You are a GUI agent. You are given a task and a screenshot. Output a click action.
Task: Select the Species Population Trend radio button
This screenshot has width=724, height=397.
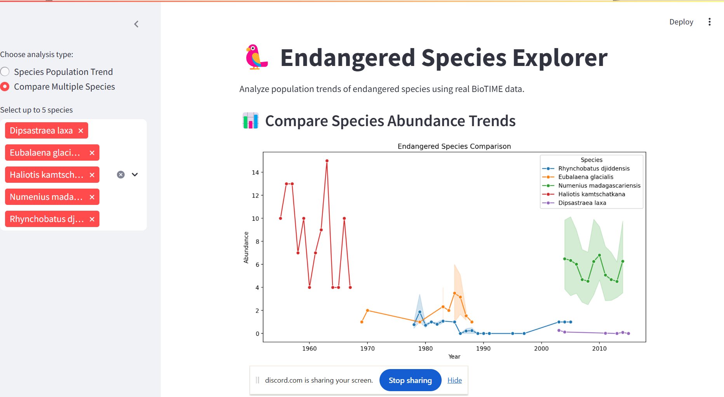coord(5,72)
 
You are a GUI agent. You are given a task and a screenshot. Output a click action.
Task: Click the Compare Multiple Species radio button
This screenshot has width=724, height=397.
coord(5,87)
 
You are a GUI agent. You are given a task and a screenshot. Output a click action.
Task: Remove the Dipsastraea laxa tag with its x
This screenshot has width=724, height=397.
coord(81,131)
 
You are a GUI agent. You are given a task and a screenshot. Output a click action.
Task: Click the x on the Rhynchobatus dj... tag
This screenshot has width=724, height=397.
coord(92,219)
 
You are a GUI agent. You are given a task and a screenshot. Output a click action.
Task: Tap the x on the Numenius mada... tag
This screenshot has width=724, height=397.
coord(92,197)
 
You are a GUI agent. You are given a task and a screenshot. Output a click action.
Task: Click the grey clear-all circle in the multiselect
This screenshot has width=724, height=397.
coord(121,175)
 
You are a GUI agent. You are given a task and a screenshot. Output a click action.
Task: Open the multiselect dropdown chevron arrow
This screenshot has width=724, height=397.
coord(135,175)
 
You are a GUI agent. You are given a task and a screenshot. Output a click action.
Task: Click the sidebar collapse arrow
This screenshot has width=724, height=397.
coord(136,24)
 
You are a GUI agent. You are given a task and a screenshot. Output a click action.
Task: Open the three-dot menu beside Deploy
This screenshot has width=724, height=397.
coord(709,22)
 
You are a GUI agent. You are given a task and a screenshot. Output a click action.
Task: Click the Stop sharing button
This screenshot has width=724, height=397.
coord(410,380)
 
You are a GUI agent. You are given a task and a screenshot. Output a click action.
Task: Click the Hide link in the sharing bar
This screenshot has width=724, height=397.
coord(454,380)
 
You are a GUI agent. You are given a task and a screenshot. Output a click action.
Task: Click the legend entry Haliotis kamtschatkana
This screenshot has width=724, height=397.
coord(591,194)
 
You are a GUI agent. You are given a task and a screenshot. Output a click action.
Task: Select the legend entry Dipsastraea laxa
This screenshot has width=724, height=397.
coord(582,203)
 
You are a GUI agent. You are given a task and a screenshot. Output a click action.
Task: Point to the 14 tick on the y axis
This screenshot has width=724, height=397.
coord(255,172)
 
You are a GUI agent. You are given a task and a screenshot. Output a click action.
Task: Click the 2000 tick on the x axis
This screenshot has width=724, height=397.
coord(541,348)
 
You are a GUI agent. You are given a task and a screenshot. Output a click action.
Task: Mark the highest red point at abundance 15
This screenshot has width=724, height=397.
coord(327,161)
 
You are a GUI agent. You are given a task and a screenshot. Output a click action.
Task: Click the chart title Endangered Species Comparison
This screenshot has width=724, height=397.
coord(454,146)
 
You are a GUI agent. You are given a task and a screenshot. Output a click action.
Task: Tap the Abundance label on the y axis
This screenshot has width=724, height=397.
coord(246,248)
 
